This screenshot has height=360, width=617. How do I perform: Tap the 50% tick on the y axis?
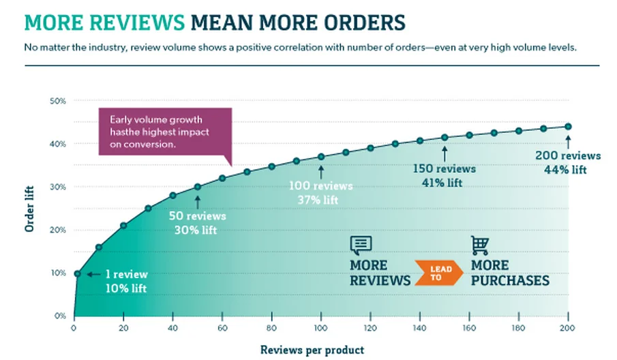(x=57, y=101)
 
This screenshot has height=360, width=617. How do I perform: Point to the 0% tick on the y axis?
(x=59, y=316)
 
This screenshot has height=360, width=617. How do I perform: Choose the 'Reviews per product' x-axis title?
(x=312, y=349)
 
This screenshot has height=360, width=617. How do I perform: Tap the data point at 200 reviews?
(x=568, y=126)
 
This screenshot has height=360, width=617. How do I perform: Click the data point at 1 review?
(x=77, y=273)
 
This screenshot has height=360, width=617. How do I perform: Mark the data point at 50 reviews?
(x=198, y=186)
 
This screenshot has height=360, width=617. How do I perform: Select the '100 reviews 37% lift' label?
(x=320, y=192)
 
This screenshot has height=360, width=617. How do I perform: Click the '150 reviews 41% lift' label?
(x=445, y=175)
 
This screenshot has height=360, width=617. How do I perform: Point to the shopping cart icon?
(x=481, y=245)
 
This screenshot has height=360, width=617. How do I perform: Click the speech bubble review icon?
(x=361, y=245)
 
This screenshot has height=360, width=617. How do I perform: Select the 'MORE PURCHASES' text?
(x=509, y=273)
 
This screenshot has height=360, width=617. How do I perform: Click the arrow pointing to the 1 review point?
(x=93, y=274)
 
